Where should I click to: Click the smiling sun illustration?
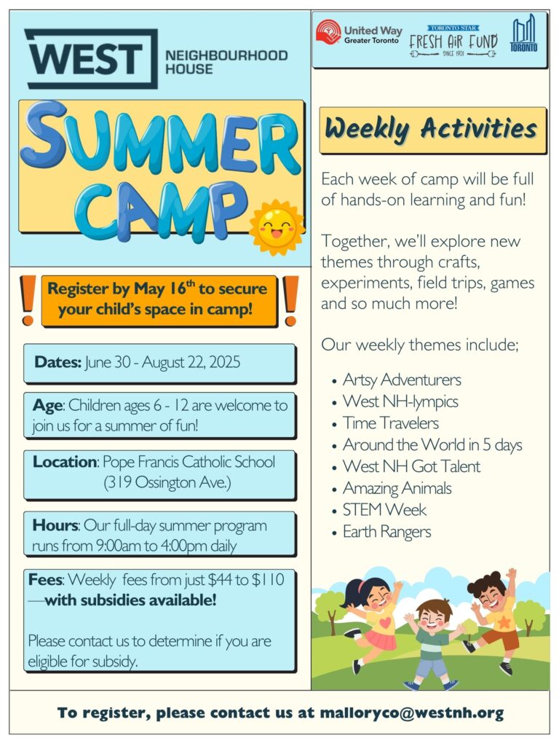click(x=277, y=227)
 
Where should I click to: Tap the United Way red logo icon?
click(x=328, y=33)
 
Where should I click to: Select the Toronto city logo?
click(x=523, y=33)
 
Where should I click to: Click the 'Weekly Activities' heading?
click(x=432, y=128)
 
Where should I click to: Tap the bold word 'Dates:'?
click(x=58, y=362)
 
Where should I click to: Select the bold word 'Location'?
click(x=65, y=461)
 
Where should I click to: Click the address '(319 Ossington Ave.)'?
click(x=167, y=482)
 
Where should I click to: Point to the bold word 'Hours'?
click(x=55, y=525)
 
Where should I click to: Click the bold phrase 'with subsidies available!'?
click(x=131, y=600)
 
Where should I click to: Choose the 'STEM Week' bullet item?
click(x=384, y=510)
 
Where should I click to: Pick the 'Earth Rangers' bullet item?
click(x=387, y=532)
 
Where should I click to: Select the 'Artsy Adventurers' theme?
click(x=402, y=380)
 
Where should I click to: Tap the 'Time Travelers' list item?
click(x=391, y=423)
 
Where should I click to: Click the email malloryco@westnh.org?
click(x=412, y=712)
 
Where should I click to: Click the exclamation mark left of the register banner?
click(x=28, y=300)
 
